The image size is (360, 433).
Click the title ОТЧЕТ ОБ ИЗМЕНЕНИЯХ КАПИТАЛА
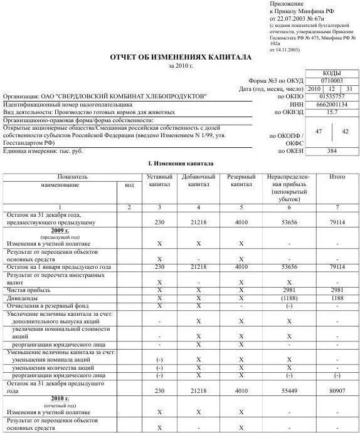[x=180, y=57]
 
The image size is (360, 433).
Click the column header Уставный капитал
[x=159, y=181]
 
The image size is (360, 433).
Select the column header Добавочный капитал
[x=198, y=181]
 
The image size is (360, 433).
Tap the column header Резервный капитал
[x=240, y=181]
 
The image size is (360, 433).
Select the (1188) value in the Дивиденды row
[x=289, y=298]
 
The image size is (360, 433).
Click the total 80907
[x=337, y=390]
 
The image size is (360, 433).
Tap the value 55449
[x=289, y=390]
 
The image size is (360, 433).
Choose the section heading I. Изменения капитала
[x=180, y=164]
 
